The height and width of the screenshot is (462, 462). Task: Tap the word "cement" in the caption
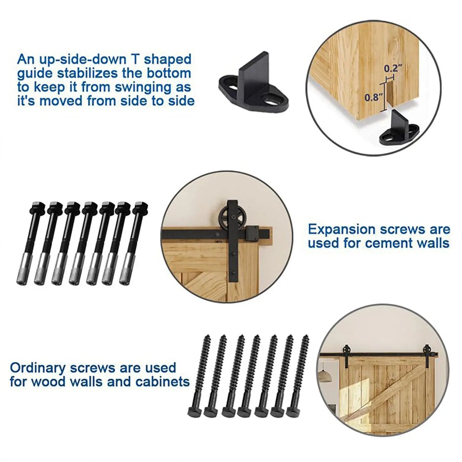tap(385, 243)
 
